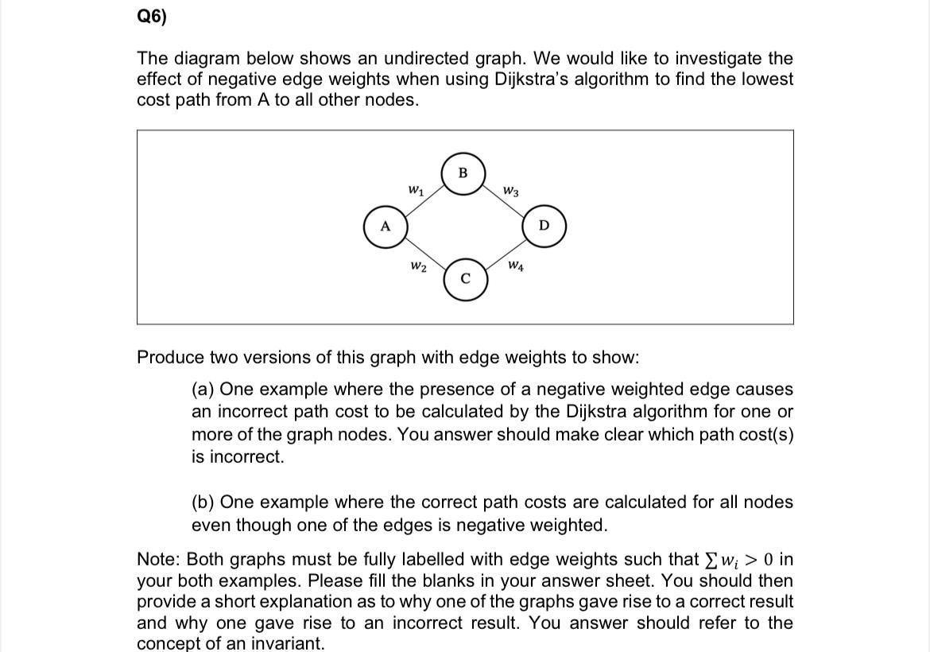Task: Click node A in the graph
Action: [386, 226]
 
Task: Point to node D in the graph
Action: [544, 226]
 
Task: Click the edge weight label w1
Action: [415, 190]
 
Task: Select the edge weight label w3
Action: [512, 191]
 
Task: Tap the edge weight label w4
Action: [515, 265]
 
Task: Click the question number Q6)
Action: [152, 17]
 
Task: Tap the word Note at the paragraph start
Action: [158, 559]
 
